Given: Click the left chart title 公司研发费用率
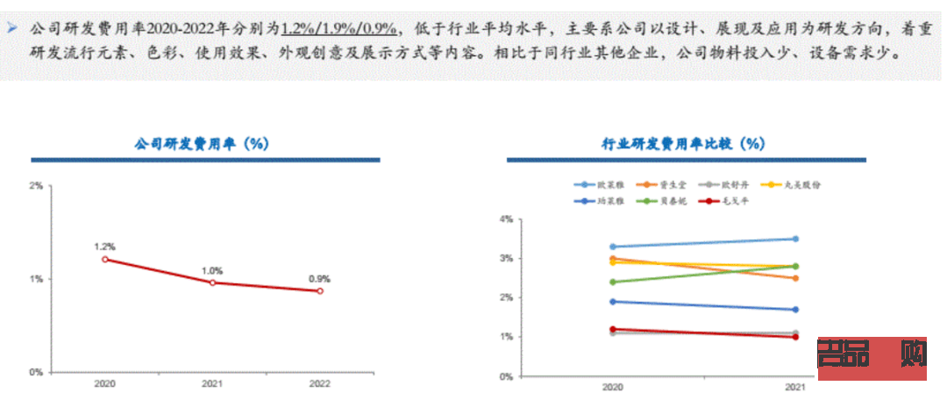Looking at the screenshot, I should (201, 144).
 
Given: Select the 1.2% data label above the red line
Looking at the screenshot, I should (105, 246).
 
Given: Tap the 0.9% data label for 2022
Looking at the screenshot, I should (319, 278).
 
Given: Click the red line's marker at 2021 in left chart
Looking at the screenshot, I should (212, 282).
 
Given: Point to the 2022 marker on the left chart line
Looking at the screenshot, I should (319, 291).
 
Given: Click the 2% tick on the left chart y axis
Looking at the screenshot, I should (36, 186).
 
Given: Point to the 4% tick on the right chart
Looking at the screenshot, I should (505, 218).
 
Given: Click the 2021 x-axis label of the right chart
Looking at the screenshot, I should (795, 387).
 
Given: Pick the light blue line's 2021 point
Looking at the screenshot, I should (795, 239).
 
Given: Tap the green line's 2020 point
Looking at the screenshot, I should (611, 282).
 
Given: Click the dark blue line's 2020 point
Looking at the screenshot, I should (611, 302).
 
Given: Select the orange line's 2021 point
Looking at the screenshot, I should (795, 278).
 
